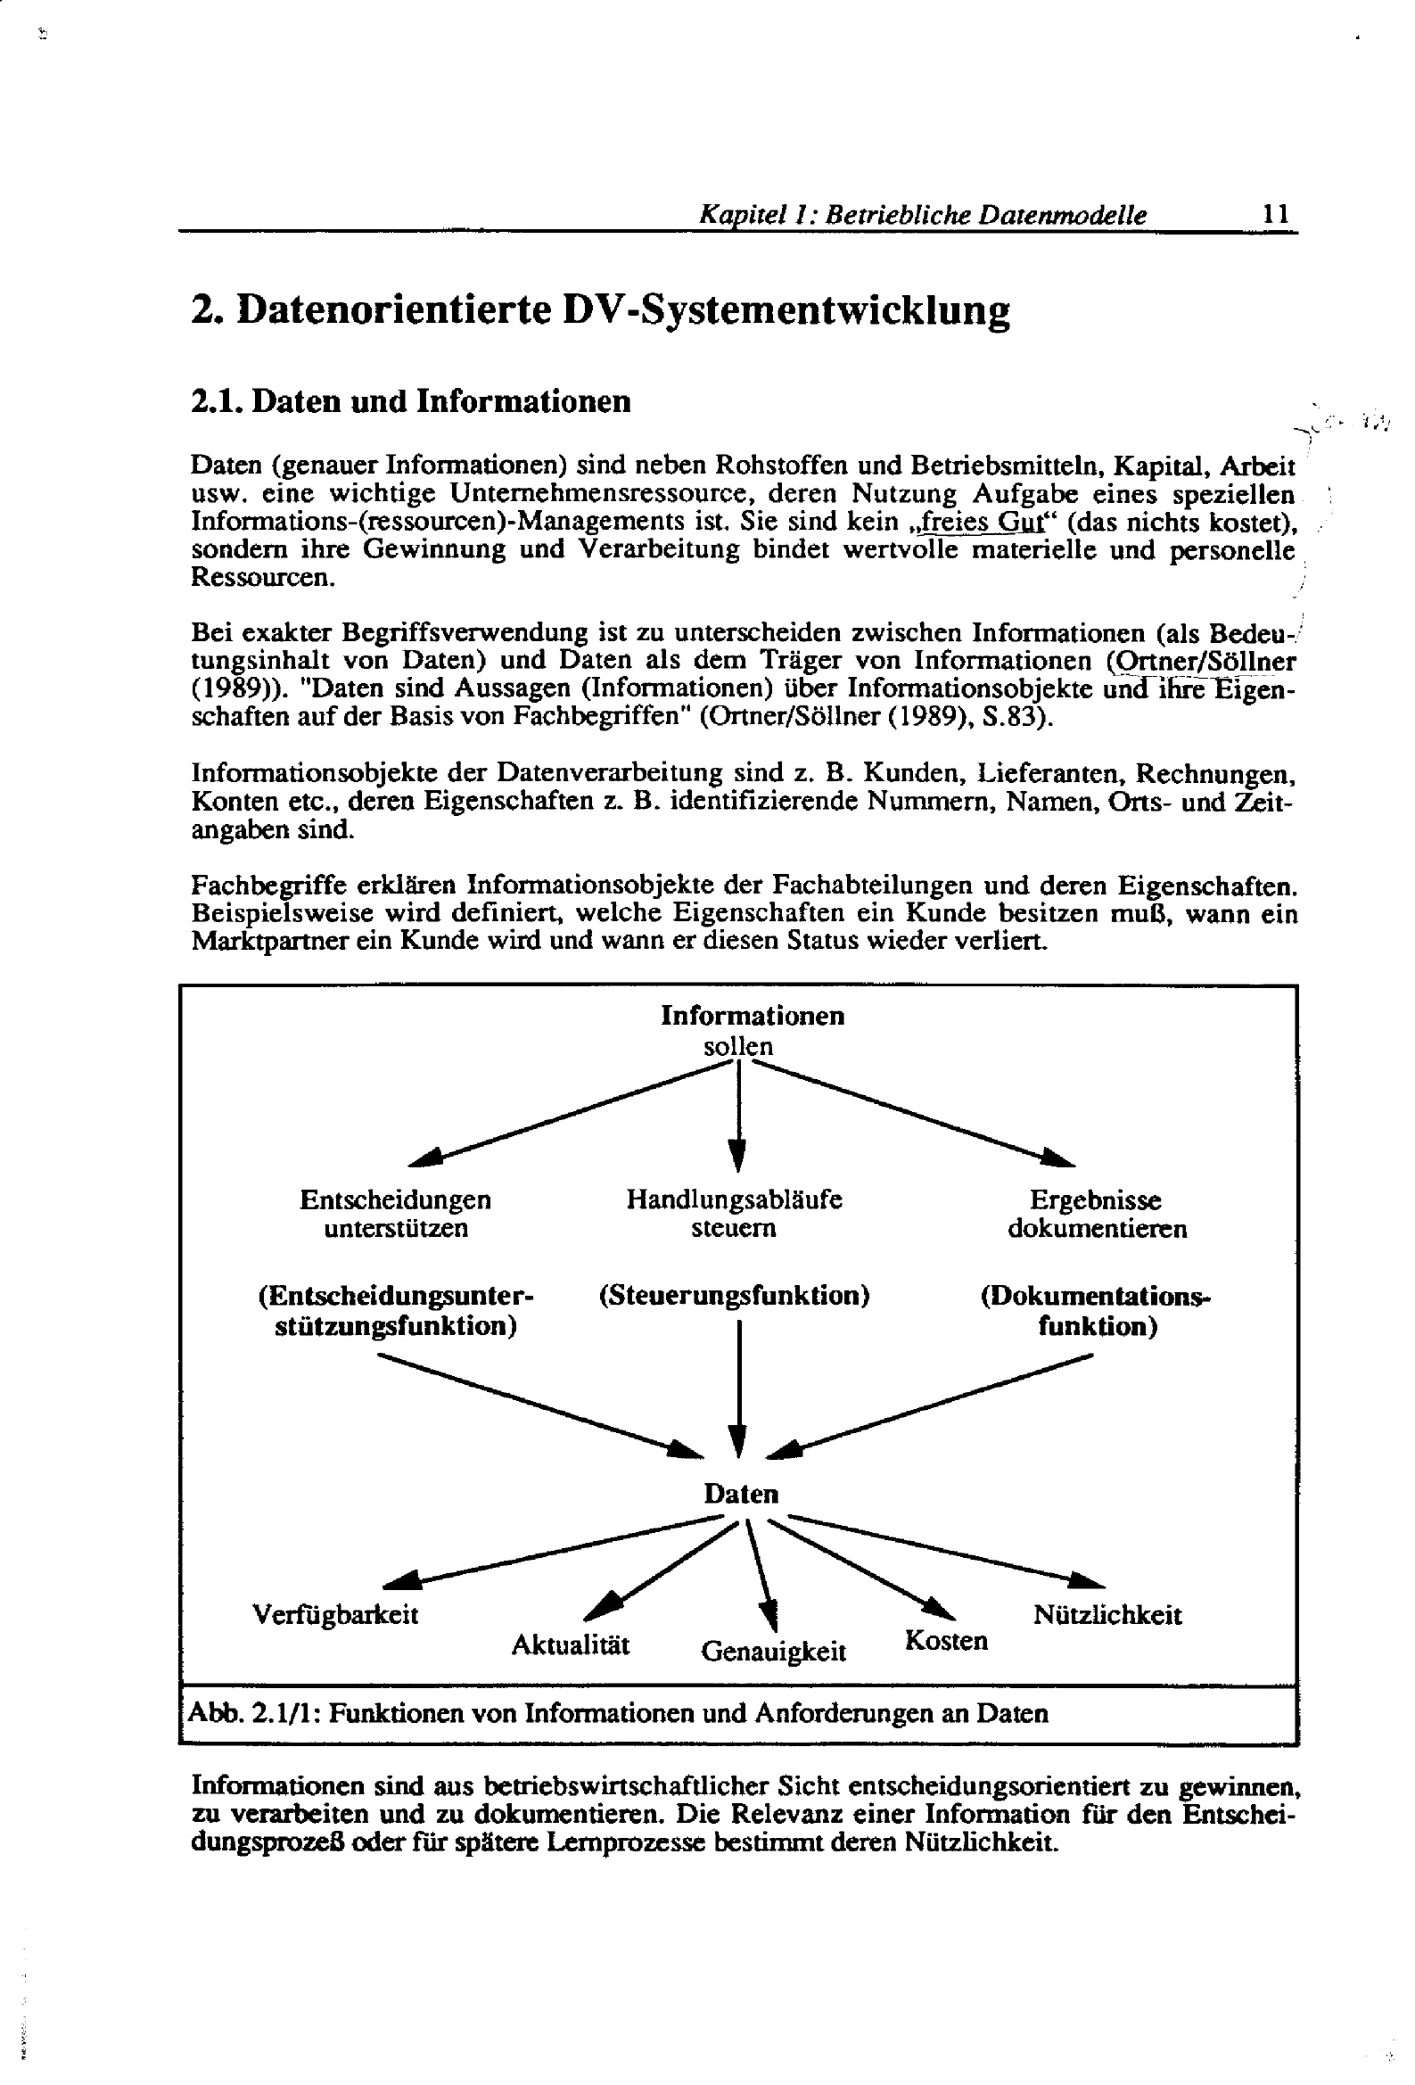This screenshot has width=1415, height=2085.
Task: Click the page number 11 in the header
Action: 1275,214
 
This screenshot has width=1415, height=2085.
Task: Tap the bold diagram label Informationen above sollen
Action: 752,1016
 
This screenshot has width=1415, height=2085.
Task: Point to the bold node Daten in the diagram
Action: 740,1494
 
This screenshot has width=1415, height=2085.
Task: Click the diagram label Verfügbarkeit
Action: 334,1615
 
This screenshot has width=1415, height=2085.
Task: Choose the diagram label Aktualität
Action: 571,1644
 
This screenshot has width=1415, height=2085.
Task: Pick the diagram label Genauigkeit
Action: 773,1651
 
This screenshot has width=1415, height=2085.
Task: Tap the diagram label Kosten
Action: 946,1641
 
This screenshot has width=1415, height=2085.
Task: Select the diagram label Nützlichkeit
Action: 1107,1615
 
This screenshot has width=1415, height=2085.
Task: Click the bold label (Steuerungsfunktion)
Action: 734,1296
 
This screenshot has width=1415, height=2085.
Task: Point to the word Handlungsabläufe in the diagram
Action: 734,1199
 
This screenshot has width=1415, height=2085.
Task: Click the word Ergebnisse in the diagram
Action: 1095,1199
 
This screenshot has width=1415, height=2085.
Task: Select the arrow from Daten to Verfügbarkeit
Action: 556,1550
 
